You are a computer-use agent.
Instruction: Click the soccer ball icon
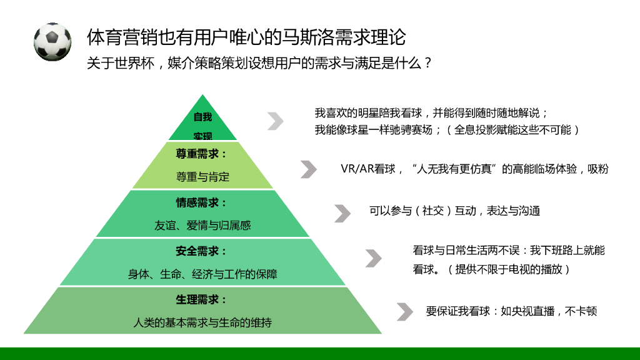point(52,42)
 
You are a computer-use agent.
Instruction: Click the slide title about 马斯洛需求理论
point(246,37)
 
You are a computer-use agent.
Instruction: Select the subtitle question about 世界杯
point(259,64)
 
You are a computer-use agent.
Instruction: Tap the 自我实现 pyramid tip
point(202,124)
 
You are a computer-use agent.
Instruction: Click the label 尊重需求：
point(202,154)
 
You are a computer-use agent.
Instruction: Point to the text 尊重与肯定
point(202,177)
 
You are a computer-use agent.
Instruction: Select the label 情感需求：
point(202,202)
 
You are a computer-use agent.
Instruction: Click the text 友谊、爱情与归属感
point(202,225)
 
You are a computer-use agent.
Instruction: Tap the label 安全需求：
point(202,251)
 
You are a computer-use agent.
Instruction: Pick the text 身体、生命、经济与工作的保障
point(202,274)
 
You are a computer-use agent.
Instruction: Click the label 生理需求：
point(202,299)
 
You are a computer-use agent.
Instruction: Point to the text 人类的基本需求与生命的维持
point(202,322)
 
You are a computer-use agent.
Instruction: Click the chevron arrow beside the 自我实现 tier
point(276,121)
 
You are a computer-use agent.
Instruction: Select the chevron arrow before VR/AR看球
point(308,169)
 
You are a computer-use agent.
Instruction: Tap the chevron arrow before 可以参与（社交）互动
point(342,213)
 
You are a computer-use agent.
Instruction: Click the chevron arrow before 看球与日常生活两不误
point(374,258)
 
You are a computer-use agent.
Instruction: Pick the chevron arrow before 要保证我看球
point(405,311)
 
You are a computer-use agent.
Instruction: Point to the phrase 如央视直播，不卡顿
point(549,311)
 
